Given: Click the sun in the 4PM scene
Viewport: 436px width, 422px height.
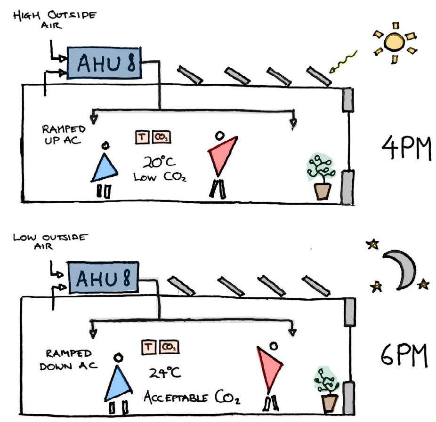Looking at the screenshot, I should point(394,41).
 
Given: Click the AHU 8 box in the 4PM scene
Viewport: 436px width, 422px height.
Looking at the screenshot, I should point(105,62).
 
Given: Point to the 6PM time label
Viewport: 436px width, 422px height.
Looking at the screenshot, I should point(404,357).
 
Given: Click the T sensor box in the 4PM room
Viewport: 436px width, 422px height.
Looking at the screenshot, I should point(143,137).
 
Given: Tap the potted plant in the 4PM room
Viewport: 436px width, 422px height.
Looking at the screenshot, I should point(322,176).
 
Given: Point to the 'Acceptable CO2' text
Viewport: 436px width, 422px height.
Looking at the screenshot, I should point(192,398).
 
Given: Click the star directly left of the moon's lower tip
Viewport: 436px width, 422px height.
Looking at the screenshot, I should point(377,287).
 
